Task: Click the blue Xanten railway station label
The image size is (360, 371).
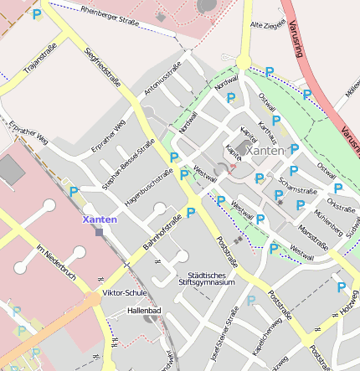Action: click(100, 219)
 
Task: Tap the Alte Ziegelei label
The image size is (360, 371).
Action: click(269, 25)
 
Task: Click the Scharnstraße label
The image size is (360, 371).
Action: click(297, 185)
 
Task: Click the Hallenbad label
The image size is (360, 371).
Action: click(143, 310)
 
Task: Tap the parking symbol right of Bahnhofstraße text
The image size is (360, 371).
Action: click(191, 213)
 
